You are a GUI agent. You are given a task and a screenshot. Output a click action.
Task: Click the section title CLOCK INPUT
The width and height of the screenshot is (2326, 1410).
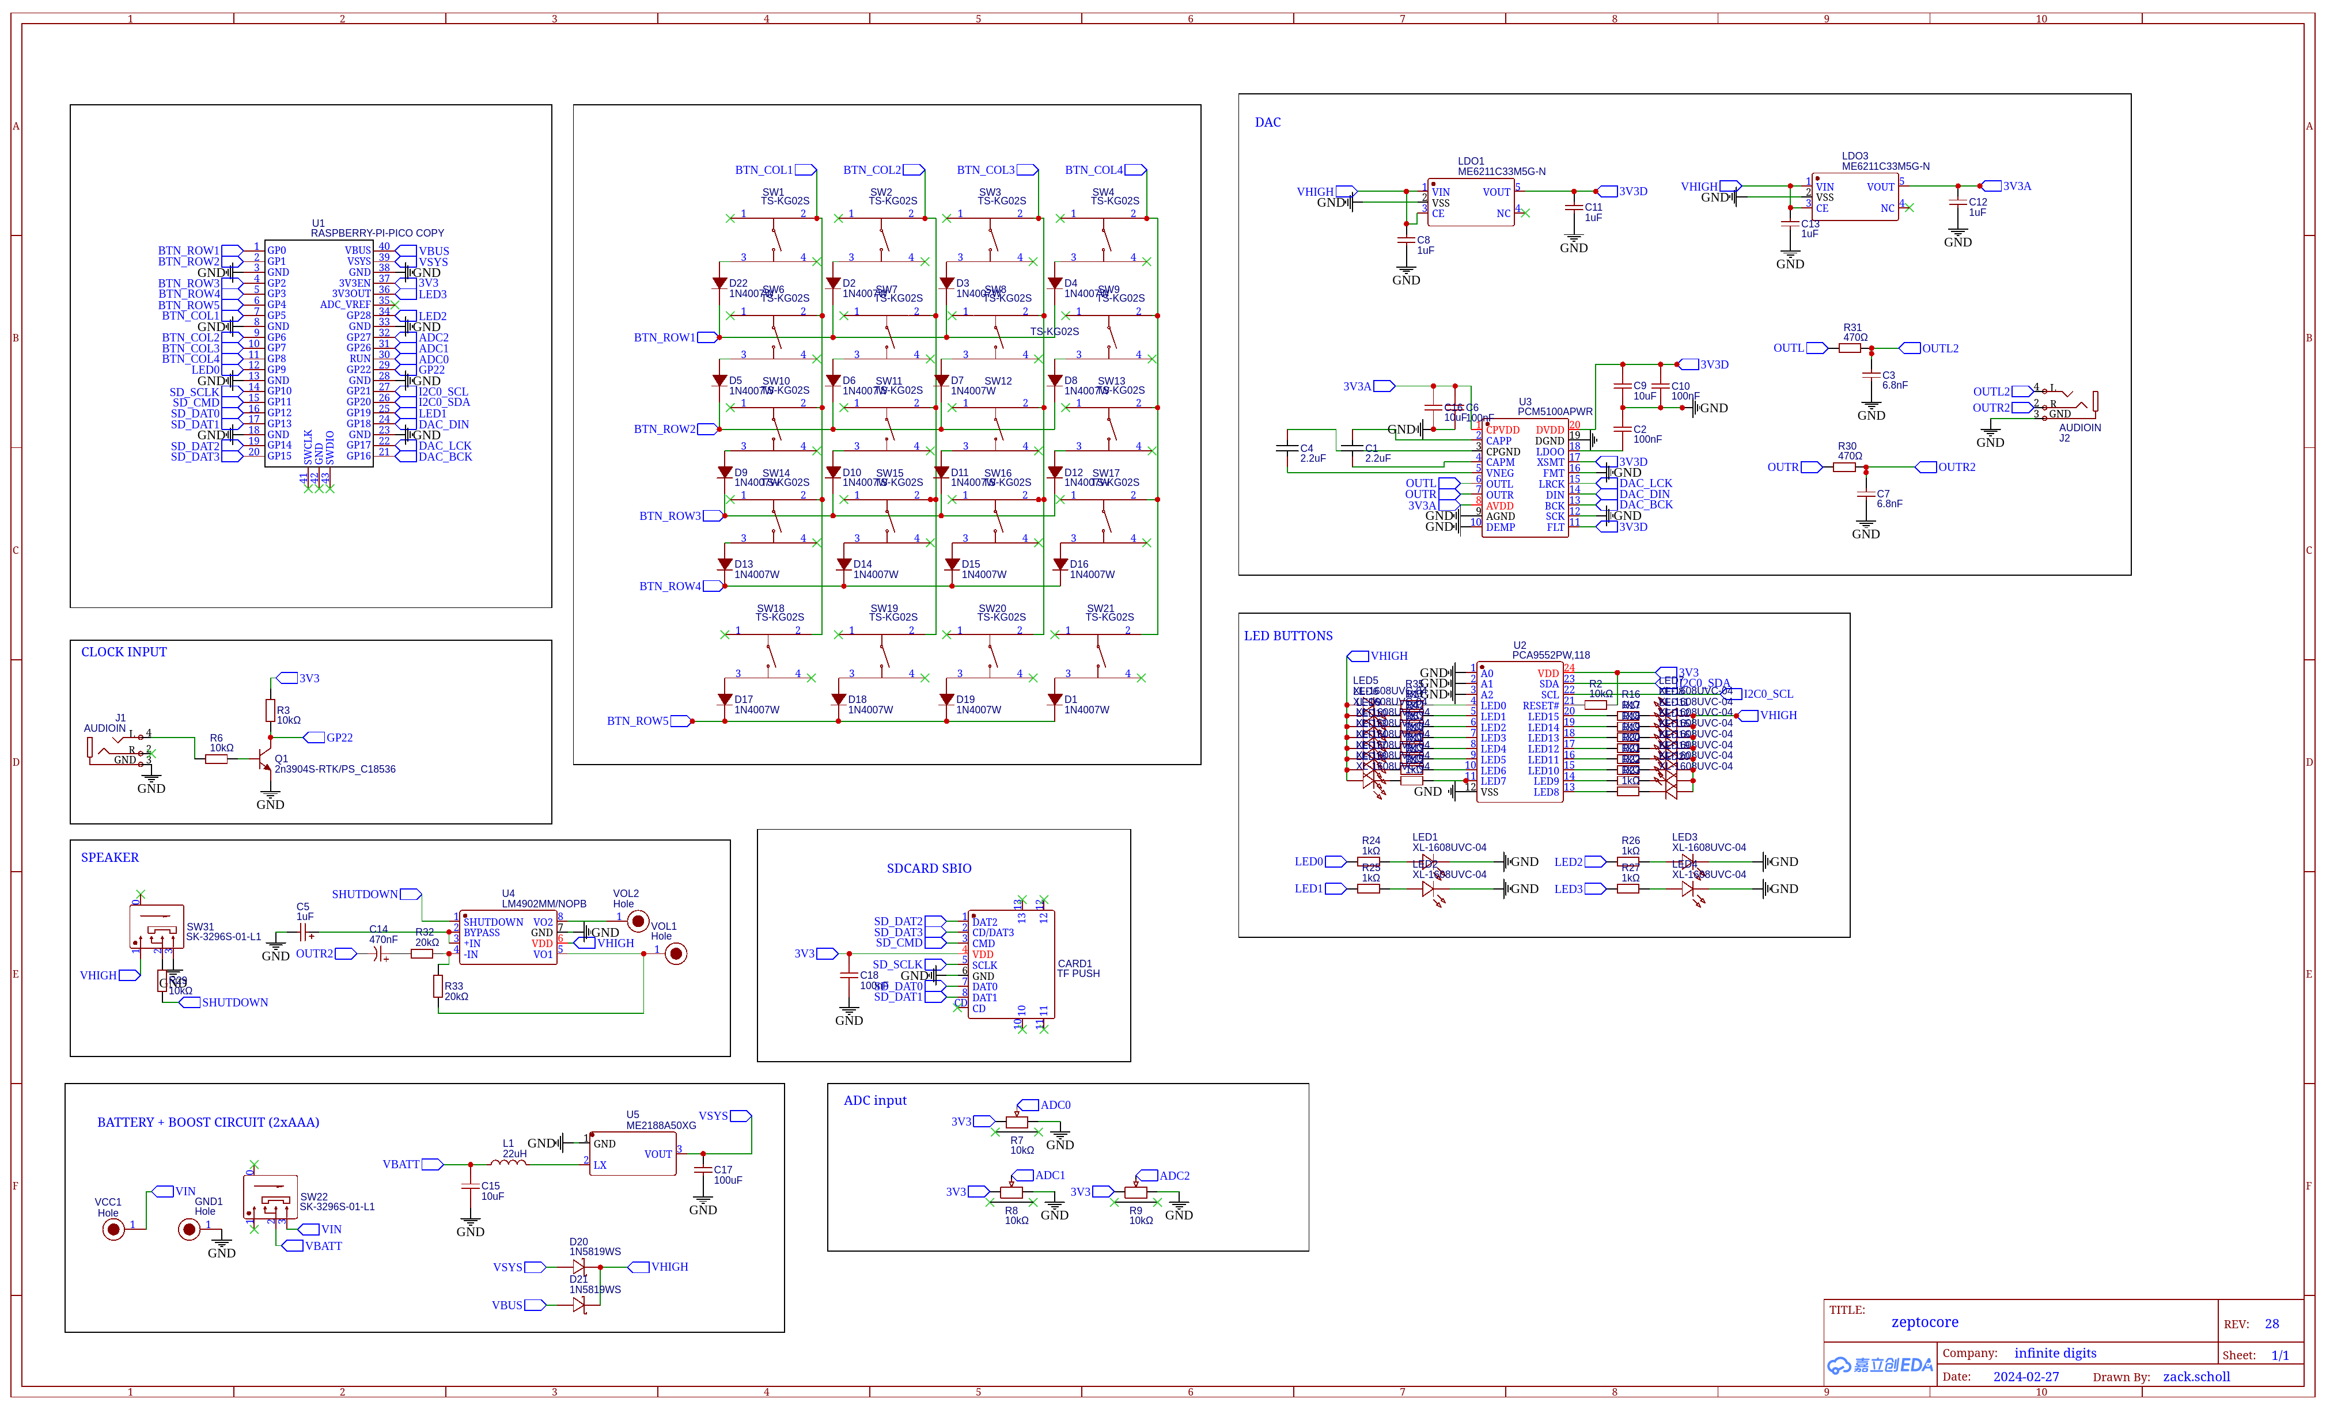[124, 652]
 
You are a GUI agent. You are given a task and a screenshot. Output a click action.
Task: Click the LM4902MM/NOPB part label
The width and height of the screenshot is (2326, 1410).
[544, 903]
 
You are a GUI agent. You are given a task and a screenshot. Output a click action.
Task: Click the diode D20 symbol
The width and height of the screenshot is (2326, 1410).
[579, 1267]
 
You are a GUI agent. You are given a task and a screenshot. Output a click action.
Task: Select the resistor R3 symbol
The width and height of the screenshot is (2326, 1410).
[270, 710]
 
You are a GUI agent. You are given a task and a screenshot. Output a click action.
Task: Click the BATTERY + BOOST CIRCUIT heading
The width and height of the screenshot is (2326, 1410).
[208, 1122]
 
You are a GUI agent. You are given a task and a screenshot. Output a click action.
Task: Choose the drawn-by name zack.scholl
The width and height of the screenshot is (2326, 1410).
[2196, 1377]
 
